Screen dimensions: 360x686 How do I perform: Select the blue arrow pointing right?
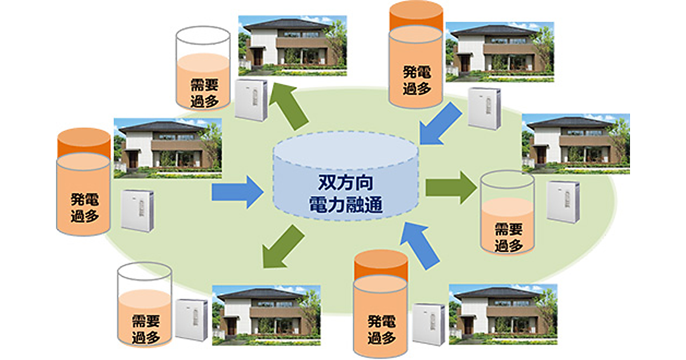234,192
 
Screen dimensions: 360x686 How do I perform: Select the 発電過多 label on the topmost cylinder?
416,80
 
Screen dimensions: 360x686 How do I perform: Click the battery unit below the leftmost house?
137,210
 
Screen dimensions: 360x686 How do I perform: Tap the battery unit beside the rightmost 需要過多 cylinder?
563,201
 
